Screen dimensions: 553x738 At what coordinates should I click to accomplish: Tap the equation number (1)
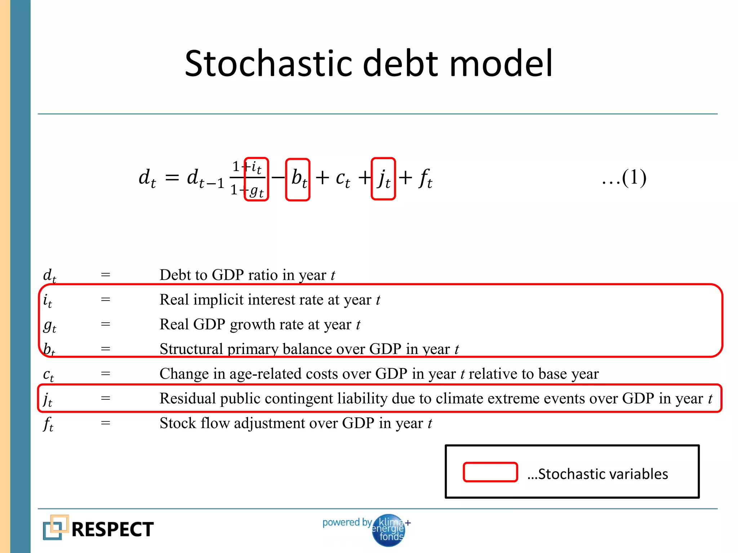[634, 177]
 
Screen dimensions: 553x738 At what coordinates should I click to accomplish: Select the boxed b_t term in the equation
[298, 179]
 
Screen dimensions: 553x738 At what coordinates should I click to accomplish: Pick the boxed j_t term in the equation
[383, 179]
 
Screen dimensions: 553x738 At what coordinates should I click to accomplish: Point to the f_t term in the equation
[425, 179]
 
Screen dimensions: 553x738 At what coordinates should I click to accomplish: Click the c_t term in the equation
[342, 179]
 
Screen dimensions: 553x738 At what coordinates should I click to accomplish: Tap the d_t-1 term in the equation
[205, 179]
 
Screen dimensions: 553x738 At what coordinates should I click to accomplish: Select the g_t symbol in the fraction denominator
[257, 190]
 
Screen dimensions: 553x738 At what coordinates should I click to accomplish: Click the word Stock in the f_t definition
[178, 423]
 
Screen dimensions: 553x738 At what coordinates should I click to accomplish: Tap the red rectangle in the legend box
[490, 472]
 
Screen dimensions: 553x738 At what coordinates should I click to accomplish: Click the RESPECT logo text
[112, 529]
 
